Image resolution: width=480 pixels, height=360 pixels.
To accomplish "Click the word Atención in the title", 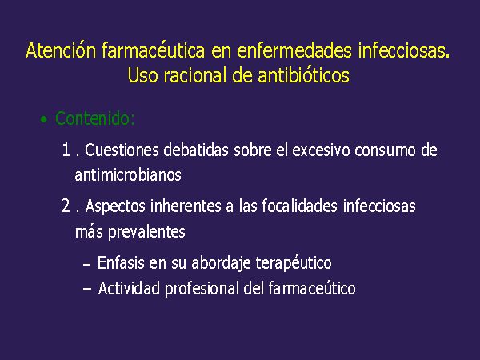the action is coord(61,50).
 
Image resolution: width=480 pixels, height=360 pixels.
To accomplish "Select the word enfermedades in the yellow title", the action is coord(294,50).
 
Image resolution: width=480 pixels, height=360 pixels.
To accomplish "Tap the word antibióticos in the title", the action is coord(304,74).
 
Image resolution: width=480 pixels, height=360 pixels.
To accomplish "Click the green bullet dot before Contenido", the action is coord(44,119).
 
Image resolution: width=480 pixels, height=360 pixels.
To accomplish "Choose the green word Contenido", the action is coord(95,118).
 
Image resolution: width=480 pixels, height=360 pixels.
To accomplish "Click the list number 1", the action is coord(66,150).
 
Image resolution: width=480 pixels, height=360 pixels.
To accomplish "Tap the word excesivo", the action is coord(321,150).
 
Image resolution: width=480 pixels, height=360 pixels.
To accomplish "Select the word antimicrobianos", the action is coord(128,175).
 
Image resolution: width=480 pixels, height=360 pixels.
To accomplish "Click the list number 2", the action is coord(66,206).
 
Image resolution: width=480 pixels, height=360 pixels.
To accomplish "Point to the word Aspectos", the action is coord(115,206).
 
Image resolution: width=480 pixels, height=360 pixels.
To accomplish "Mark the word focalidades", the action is coord(299,206).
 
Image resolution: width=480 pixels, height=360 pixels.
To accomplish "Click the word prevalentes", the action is coord(146,232).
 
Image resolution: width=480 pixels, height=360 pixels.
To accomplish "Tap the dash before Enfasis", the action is coord(86,263).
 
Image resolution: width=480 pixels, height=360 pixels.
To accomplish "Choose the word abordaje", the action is coord(222,263).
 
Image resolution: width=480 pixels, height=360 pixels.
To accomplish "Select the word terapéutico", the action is coord(294,263).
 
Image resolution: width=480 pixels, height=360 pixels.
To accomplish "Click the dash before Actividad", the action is coord(87,288).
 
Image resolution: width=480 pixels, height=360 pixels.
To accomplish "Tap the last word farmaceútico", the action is coord(312,288).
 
